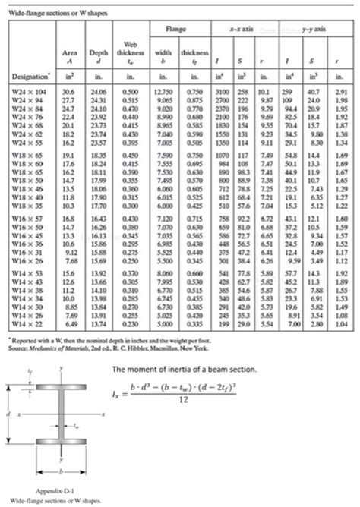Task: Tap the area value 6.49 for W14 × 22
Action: point(68,324)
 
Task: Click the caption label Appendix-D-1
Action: point(49,490)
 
